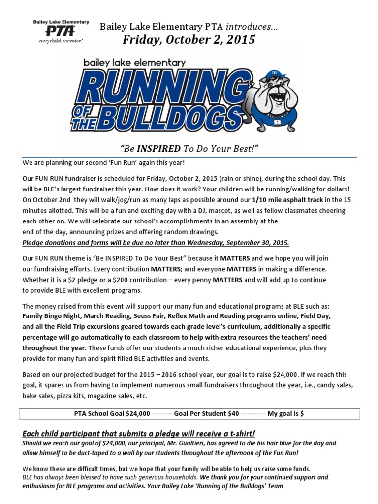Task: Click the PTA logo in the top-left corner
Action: (61, 32)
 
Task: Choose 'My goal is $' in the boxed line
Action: (285, 414)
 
